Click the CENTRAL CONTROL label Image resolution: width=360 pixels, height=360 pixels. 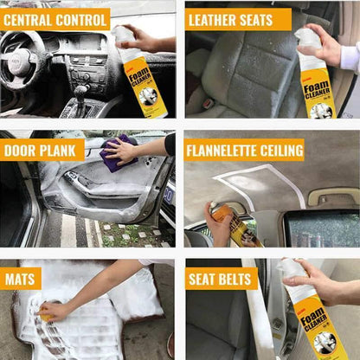coord(55,18)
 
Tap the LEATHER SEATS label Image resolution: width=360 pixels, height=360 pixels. coord(230,18)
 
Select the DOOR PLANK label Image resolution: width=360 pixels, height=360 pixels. coord(42,150)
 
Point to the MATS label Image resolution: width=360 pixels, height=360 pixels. coord(21,279)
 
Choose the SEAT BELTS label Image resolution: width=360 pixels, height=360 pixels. coord(222,279)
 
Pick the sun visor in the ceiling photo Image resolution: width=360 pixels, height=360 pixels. coord(332,196)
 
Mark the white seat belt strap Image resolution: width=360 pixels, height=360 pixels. coord(260,325)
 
